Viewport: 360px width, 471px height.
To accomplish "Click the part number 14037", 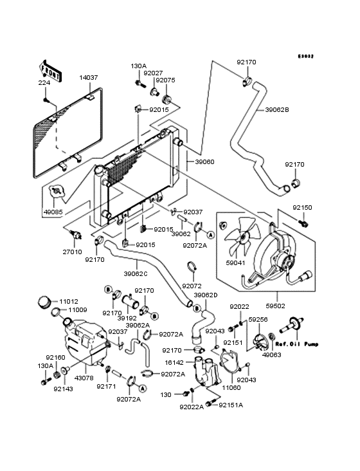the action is coord(89,77).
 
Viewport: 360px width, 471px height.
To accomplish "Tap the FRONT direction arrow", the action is coord(50,71).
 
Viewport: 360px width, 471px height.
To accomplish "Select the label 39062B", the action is coord(277,110).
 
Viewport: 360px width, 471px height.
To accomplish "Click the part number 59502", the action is coord(275,306).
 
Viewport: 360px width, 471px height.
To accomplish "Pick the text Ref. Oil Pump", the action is coord(297,344).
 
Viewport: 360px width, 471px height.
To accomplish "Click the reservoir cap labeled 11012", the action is coord(45,302).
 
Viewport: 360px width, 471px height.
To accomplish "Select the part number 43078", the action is coord(84,378).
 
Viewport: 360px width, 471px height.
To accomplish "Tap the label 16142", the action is coord(174,362).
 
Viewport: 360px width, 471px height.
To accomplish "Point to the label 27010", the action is coord(72,252).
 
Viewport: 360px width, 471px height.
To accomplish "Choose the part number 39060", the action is coord(204,162).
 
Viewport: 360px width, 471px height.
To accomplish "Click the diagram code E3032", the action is coord(306,56).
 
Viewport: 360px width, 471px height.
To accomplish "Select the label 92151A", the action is coord(231,405).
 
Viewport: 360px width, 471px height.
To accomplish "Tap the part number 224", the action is coord(44,82).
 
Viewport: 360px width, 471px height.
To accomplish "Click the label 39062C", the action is coord(136,274).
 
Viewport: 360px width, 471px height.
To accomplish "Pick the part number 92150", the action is coord(302,208).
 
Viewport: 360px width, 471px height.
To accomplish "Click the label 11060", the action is coord(231,388).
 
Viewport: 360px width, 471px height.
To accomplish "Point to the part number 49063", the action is coord(271,355).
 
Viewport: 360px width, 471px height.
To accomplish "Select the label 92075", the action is coord(165,80).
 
